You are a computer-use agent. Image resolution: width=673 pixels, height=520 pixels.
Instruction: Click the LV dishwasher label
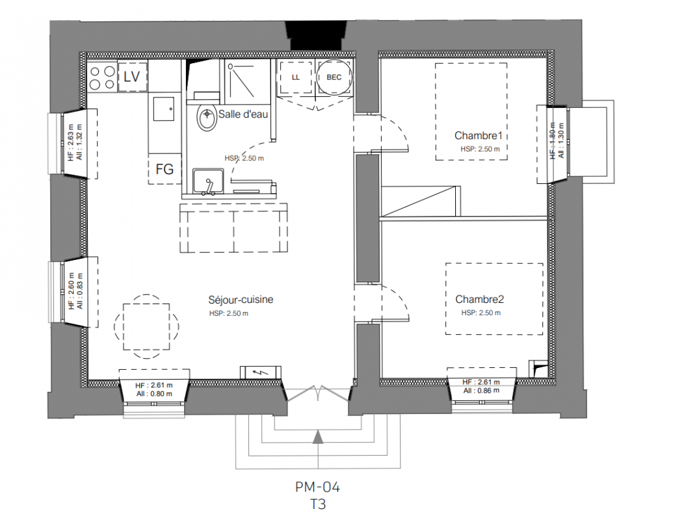pos(132,76)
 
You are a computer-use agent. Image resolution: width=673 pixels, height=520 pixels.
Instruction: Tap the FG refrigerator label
pos(165,169)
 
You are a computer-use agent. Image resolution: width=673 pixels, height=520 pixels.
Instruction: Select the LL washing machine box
pos(296,77)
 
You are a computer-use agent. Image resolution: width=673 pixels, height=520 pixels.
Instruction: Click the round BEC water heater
pos(334,77)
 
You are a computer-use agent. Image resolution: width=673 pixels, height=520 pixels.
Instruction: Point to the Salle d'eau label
pos(243,114)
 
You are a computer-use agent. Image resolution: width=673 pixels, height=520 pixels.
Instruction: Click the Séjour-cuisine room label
pos(241,300)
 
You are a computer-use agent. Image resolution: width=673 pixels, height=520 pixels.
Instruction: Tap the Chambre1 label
pos(478,136)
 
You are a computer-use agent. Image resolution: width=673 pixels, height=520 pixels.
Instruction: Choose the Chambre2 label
pos(479,299)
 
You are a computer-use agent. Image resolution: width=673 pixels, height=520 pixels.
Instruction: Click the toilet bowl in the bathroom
pos(207,117)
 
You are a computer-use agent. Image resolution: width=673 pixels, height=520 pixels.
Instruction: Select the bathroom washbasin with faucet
pos(208,181)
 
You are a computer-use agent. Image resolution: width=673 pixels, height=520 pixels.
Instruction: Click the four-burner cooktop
pos(102,77)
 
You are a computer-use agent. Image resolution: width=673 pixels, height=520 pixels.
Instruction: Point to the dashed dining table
pos(146,326)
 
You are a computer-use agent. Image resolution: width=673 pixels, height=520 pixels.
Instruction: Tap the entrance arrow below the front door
pos(317,437)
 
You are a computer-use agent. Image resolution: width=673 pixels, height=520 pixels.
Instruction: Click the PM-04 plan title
pos(317,487)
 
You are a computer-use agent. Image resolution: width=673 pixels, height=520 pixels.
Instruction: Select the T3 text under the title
pos(318,504)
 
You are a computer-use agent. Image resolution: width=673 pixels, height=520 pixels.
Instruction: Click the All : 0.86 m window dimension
pos(481,391)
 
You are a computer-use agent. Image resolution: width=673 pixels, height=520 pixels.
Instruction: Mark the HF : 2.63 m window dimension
pos(71,142)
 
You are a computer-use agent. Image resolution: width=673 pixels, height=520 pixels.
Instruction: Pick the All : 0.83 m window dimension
pos(80,291)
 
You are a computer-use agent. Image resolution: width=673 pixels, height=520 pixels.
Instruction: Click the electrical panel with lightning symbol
pos(261,372)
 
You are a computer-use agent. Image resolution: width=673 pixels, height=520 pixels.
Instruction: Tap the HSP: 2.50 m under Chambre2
pos(481,313)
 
